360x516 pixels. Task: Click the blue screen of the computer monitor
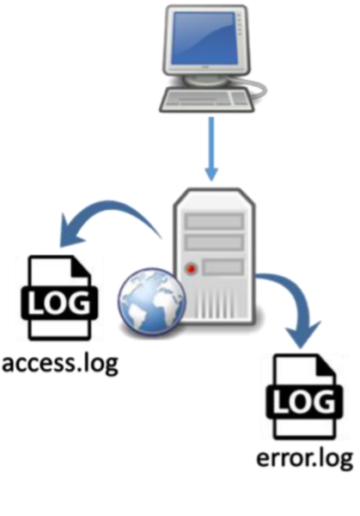click(204, 39)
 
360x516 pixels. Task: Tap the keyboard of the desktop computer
click(207, 100)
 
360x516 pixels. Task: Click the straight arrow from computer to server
click(211, 149)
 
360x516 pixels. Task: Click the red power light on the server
click(191, 269)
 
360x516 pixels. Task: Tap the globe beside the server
click(151, 302)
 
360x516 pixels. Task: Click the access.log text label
click(60, 364)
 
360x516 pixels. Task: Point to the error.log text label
click(304, 458)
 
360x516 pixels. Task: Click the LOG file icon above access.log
click(59, 298)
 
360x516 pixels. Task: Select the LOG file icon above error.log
click(304, 396)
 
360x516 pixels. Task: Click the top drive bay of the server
click(214, 221)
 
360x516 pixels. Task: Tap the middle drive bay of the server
click(214, 243)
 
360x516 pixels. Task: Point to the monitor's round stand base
click(206, 79)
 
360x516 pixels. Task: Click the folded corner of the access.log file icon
click(81, 266)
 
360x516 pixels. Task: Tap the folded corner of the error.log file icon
click(326, 365)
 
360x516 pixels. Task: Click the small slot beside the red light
click(223, 267)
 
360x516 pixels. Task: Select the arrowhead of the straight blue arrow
click(211, 175)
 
